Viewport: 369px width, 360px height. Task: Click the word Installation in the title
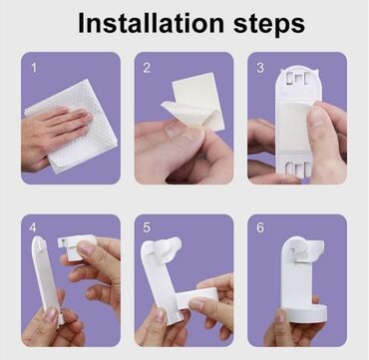pos(151,24)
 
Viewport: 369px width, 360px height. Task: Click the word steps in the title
pos(269,25)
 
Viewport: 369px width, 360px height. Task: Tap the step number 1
pos(34,68)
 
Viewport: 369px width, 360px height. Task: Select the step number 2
pos(147,68)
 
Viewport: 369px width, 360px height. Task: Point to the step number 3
pos(260,68)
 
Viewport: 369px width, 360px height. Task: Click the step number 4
pos(33,228)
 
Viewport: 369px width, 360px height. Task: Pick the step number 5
pos(147,228)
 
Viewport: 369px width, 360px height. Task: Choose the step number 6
pos(260,228)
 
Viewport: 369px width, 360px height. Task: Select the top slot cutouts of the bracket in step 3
pos(298,78)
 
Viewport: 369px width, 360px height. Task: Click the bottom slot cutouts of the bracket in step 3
pos(298,169)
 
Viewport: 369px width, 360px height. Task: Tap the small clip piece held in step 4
pos(76,247)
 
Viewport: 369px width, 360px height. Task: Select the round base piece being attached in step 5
pos(196,297)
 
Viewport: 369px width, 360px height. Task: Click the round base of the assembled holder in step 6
pos(303,312)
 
